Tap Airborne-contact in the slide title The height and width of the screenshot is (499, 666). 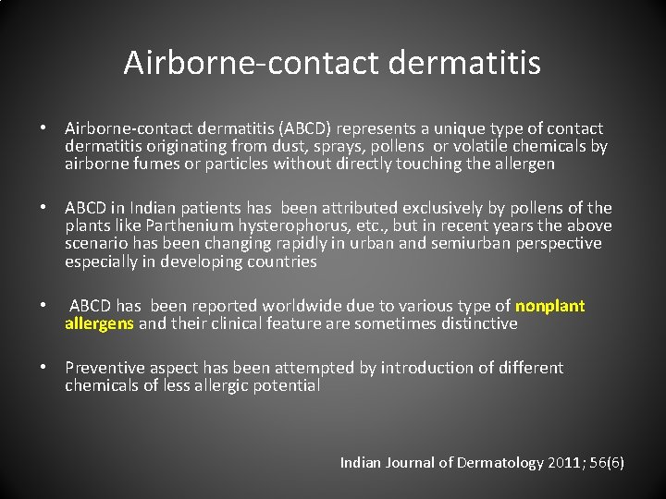[x=250, y=63]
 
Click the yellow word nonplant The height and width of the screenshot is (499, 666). [x=549, y=306]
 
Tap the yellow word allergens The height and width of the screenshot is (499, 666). [x=99, y=323]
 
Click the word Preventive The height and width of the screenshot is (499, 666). [x=105, y=368]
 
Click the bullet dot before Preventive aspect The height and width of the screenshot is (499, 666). [x=43, y=368]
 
